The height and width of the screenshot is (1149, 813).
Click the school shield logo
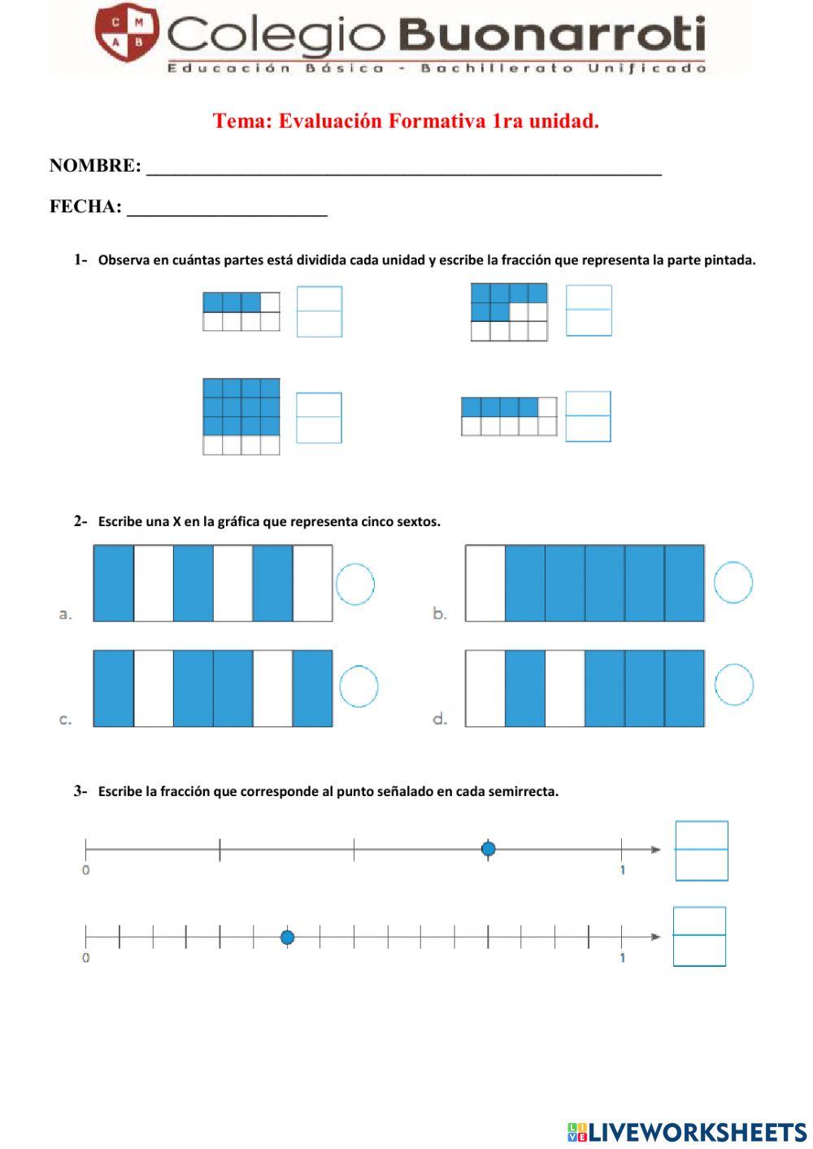click(x=126, y=32)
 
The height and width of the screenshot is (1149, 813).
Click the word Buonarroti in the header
click(x=553, y=36)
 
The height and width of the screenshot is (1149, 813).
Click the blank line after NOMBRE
click(x=403, y=168)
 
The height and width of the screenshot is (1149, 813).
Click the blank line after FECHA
click(x=227, y=209)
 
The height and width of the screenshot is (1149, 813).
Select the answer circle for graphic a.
click(x=354, y=584)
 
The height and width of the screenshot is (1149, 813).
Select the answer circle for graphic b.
click(x=733, y=582)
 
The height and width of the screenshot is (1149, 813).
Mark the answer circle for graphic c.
click(x=358, y=686)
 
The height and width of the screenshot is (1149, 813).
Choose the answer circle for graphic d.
click(x=734, y=684)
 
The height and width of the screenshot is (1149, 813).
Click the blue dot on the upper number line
click(x=488, y=849)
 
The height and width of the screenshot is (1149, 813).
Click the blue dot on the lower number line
click(x=287, y=938)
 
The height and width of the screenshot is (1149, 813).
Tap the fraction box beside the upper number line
click(x=702, y=851)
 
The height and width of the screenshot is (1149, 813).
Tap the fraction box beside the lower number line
click(x=699, y=937)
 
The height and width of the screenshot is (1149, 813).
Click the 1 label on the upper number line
click(x=623, y=870)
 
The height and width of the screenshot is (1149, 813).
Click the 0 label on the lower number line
click(x=86, y=958)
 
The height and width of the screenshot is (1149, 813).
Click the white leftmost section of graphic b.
click(x=485, y=583)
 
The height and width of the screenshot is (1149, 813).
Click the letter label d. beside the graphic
click(x=440, y=719)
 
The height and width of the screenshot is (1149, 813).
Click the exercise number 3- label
click(x=80, y=790)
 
